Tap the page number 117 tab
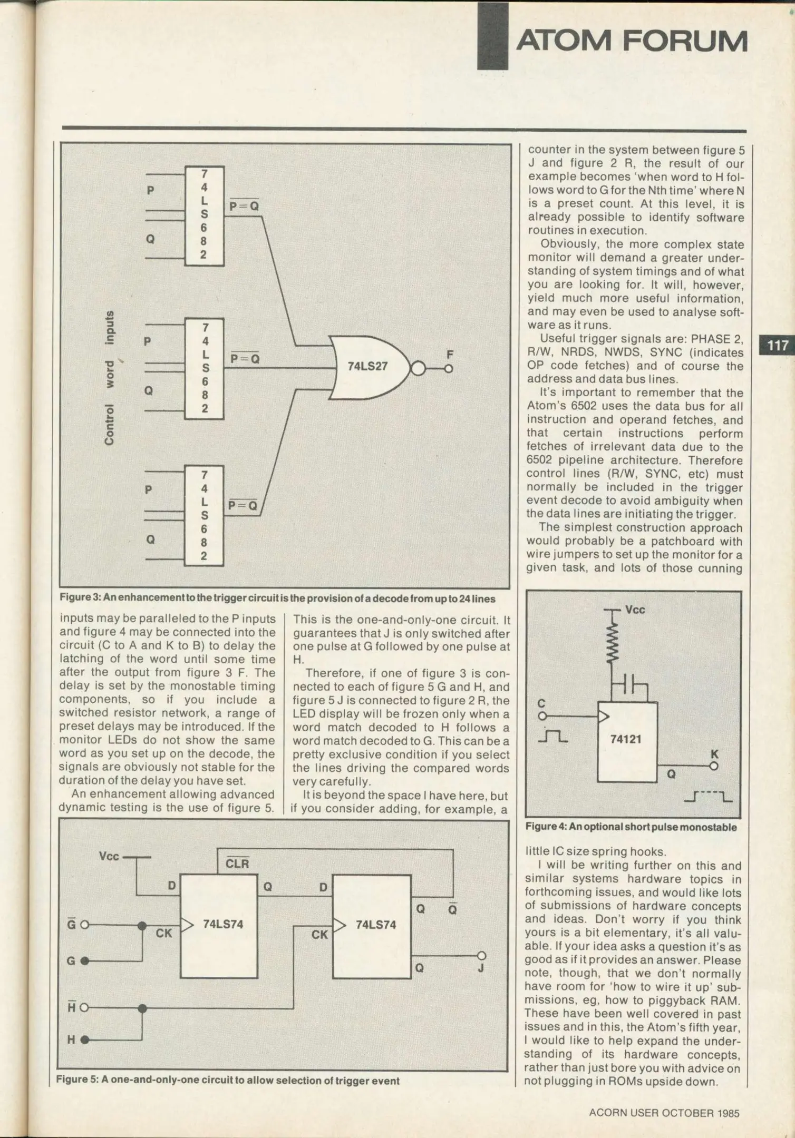click(x=777, y=346)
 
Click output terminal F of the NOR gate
click(x=449, y=369)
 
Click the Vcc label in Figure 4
click(x=635, y=610)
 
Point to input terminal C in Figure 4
click(x=541, y=716)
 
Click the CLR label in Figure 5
click(x=237, y=864)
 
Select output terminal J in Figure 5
click(x=481, y=956)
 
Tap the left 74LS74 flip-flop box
click(x=219, y=926)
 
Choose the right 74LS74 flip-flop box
click(x=372, y=926)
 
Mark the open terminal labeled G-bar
click(x=84, y=925)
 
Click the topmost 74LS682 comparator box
click(x=204, y=215)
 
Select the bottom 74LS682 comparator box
click(x=204, y=515)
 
